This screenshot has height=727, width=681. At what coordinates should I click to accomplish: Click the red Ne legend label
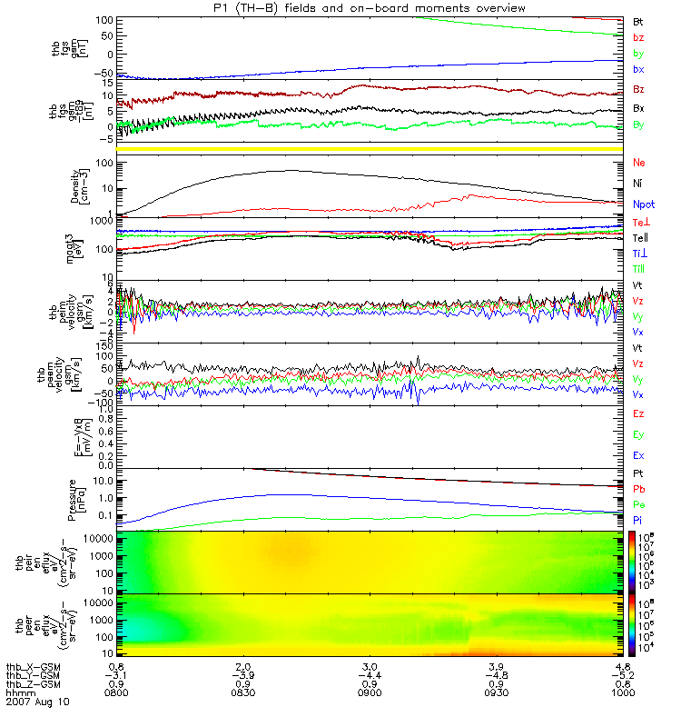[x=639, y=163]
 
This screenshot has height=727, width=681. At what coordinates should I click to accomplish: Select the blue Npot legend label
[x=643, y=205]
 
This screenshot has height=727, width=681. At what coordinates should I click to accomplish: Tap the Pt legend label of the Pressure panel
[x=638, y=474]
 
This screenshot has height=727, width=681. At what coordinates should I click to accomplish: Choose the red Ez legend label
[x=638, y=413]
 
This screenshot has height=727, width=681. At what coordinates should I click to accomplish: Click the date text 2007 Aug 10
[x=36, y=702]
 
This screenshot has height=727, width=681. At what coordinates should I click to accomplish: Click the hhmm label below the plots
[x=20, y=694]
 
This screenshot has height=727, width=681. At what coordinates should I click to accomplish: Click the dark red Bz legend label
[x=639, y=89]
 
